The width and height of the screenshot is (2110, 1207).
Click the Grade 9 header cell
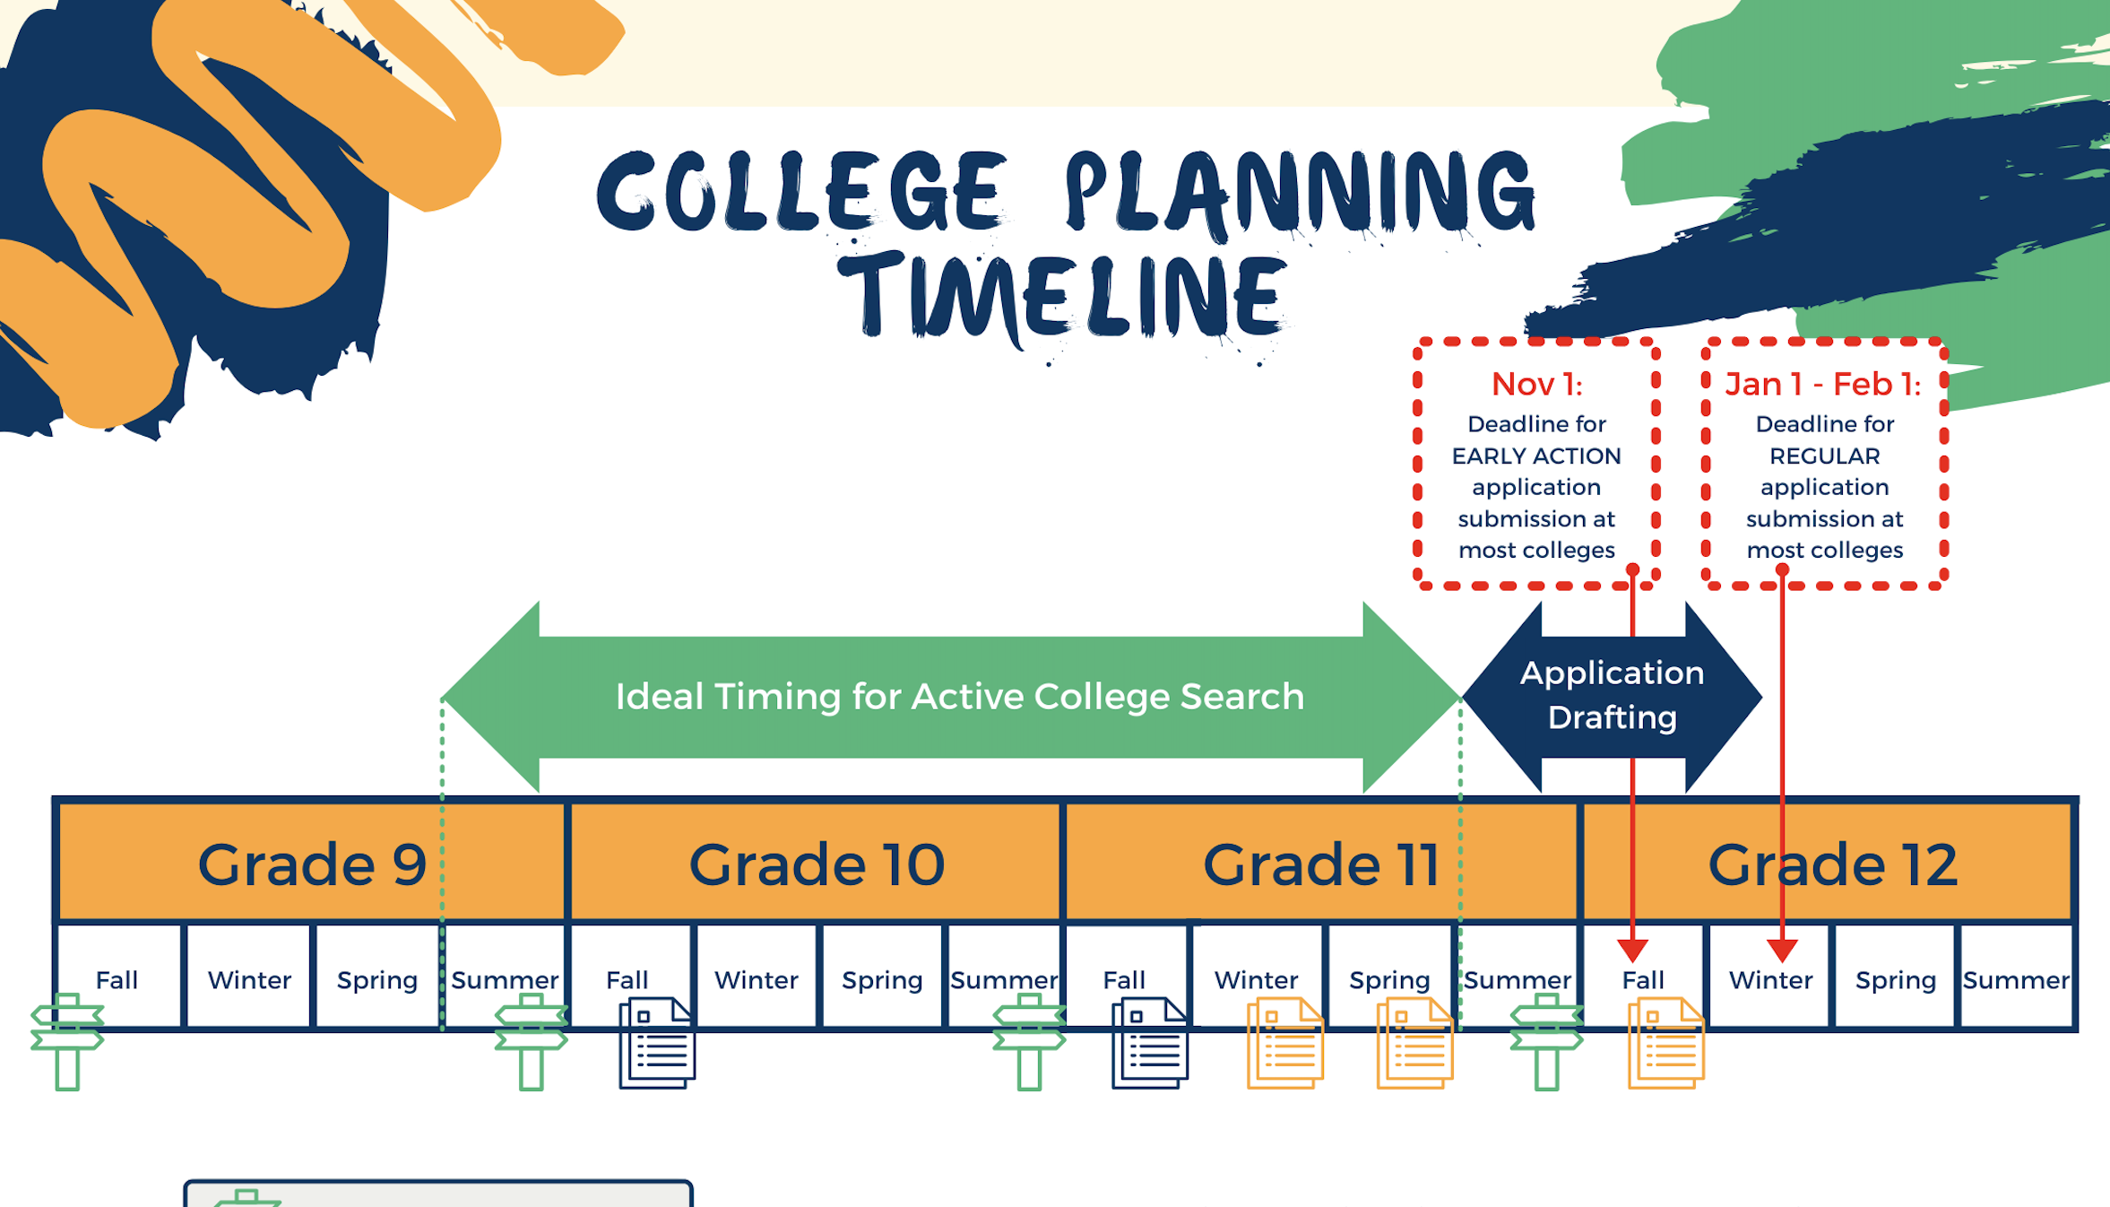coord(312,863)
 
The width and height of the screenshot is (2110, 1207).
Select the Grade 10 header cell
coord(816,863)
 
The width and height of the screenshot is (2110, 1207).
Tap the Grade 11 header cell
coord(1321,863)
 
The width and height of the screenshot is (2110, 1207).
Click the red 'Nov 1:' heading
coord(1536,385)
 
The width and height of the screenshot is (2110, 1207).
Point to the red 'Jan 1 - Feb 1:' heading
coord(1824,385)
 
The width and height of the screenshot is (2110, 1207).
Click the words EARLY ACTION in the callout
coord(1536,456)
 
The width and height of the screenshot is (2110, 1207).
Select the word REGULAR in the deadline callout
coord(1825,456)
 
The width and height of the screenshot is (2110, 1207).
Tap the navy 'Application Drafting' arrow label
coord(1612,695)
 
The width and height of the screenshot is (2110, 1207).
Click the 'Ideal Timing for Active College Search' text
coord(960,697)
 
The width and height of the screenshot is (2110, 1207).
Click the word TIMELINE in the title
coord(1062,297)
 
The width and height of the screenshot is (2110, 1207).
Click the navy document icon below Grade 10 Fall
coord(657,1043)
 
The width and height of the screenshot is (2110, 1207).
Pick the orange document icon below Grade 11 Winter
coord(1285,1043)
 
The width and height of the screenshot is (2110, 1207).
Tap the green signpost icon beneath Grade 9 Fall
coord(67,1041)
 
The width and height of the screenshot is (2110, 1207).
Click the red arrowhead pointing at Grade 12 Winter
coord(1782,951)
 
